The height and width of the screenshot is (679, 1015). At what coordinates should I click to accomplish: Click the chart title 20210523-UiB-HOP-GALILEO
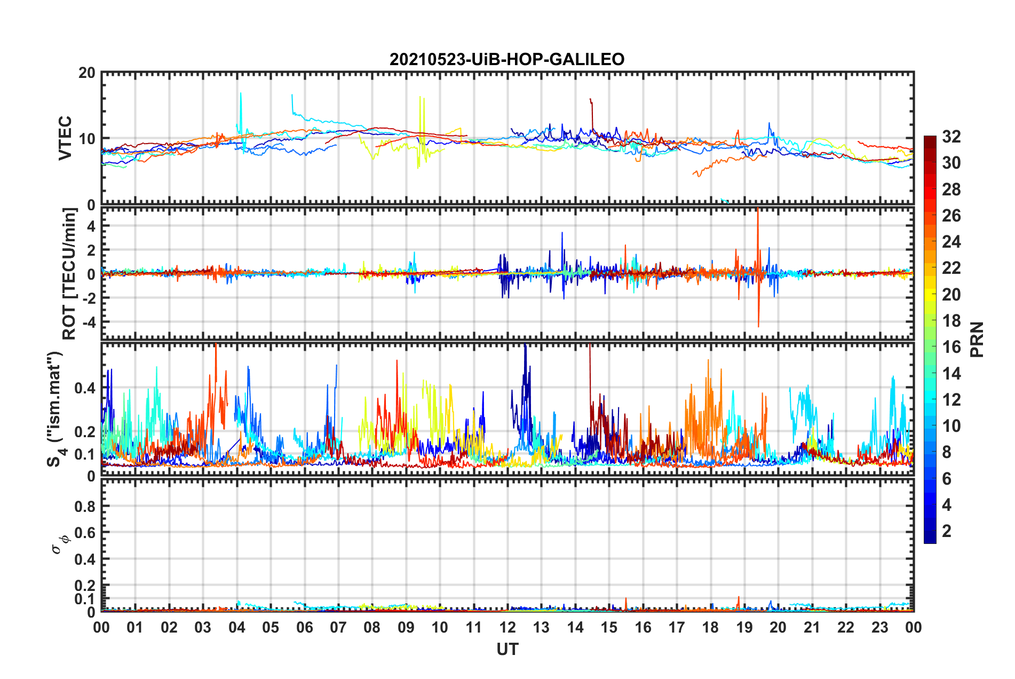click(507, 59)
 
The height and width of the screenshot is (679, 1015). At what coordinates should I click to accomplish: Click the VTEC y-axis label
click(65, 138)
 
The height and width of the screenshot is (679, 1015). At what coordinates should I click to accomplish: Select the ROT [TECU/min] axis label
click(69, 274)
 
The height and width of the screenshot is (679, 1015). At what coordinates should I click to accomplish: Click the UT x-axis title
click(507, 649)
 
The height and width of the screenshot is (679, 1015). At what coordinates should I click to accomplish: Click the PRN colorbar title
click(977, 339)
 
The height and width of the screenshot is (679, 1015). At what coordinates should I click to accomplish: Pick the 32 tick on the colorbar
click(951, 137)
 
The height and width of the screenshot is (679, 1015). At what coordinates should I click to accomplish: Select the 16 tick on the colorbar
click(951, 347)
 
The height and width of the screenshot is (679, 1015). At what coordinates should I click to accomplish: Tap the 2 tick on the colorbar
click(947, 531)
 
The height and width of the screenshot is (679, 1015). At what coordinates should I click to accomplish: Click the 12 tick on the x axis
click(507, 627)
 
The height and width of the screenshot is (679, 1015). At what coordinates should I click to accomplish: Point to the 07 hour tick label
click(338, 627)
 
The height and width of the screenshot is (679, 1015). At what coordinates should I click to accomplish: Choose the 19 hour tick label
click(744, 627)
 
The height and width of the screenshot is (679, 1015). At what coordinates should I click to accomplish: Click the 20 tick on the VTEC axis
click(87, 73)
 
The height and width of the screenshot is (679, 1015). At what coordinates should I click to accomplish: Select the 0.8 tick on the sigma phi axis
click(85, 506)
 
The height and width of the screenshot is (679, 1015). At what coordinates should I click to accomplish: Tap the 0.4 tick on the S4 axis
click(85, 388)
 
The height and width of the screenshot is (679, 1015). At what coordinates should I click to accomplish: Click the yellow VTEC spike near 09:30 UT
click(421, 99)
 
